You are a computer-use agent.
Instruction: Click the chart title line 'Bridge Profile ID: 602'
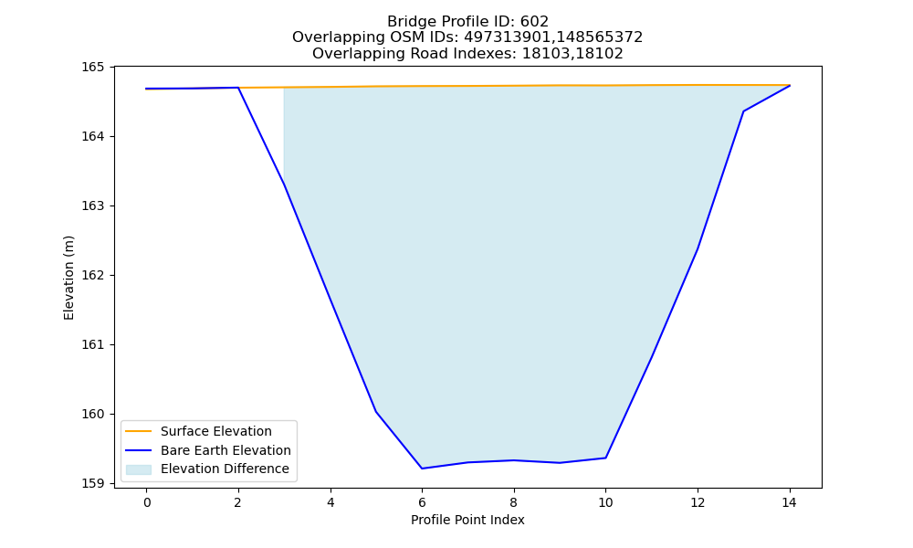467,22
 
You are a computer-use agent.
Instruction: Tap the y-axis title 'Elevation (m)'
68,278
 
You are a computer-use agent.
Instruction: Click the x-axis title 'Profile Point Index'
467,520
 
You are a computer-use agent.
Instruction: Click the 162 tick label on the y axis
92,275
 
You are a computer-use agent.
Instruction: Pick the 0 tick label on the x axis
147,502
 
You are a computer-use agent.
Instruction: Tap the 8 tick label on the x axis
513,502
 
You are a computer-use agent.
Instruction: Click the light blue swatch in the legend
139,469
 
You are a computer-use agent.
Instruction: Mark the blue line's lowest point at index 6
422,469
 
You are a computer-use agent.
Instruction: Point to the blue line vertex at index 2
238,88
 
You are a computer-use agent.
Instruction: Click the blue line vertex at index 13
743,111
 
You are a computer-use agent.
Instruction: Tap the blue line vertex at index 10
605,458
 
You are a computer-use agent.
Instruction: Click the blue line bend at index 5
375,411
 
